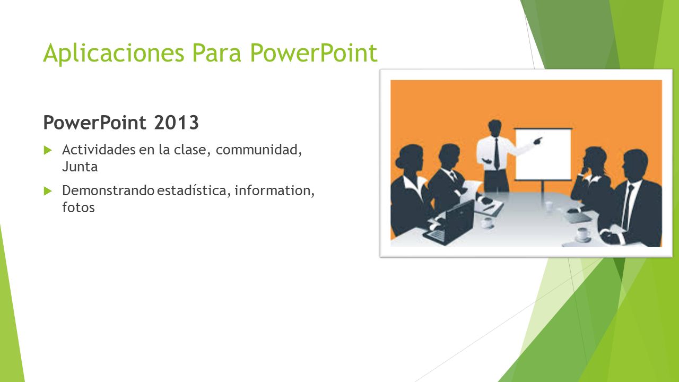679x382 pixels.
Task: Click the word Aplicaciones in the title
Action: (114, 54)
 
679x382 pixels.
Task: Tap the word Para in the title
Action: (217, 53)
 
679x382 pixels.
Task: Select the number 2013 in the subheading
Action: (176, 123)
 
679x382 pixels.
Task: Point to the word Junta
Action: (80, 167)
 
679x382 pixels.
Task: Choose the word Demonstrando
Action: (108, 190)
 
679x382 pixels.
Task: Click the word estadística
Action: (191, 190)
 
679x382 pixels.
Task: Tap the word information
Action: (273, 190)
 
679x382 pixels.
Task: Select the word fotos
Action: (78, 207)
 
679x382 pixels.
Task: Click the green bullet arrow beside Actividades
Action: (48, 150)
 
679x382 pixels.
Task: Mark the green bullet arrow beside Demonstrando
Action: (48, 191)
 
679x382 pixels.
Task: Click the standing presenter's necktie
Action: (497, 154)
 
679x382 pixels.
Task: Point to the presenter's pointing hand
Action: (538, 141)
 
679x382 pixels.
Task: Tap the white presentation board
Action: (543, 154)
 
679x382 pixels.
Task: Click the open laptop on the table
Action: (449, 223)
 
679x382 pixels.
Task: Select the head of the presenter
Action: (495, 128)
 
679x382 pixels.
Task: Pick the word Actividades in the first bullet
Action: (99, 150)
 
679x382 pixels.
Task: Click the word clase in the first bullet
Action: (190, 150)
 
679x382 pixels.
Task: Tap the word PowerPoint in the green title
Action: (314, 53)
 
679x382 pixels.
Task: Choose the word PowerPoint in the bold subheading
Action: (95, 123)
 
